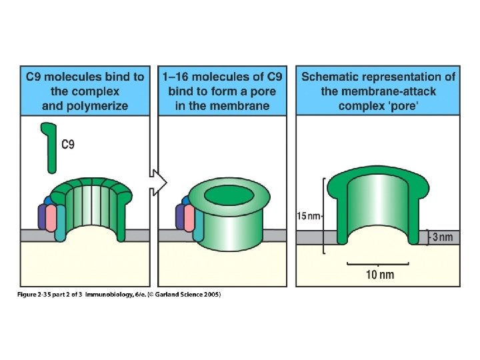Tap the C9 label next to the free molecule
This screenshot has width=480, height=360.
point(69,143)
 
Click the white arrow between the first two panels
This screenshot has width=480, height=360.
point(156,182)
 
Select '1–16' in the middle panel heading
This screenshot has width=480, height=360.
point(176,77)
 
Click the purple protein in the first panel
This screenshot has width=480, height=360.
point(44,216)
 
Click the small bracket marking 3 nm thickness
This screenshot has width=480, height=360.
point(427,236)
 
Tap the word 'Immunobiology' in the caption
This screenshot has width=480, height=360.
point(109,294)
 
